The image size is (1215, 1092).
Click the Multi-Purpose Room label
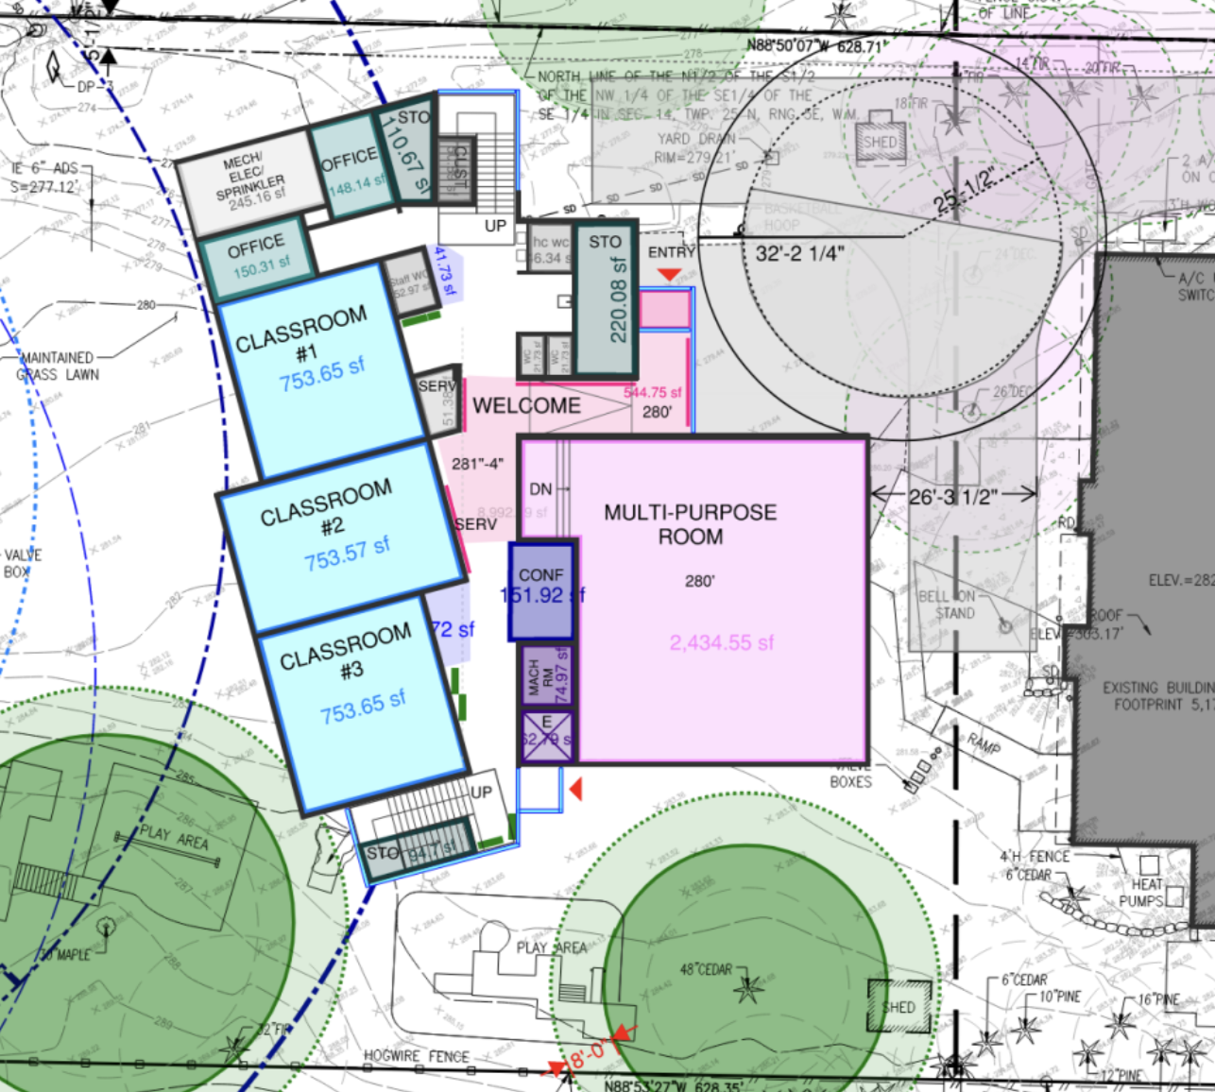(691, 524)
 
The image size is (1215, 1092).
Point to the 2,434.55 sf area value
(722, 643)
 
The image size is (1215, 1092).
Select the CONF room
(541, 590)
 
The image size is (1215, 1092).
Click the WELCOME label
(526, 406)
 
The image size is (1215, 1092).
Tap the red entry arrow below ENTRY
(669, 275)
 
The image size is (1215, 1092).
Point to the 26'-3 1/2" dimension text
(953, 496)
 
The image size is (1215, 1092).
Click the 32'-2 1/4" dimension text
(800, 253)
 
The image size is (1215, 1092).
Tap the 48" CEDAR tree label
(707, 969)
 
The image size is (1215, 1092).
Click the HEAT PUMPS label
(1147, 893)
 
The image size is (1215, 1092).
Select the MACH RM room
(547, 675)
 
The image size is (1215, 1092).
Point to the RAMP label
(984, 744)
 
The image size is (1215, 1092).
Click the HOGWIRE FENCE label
(417, 1055)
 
